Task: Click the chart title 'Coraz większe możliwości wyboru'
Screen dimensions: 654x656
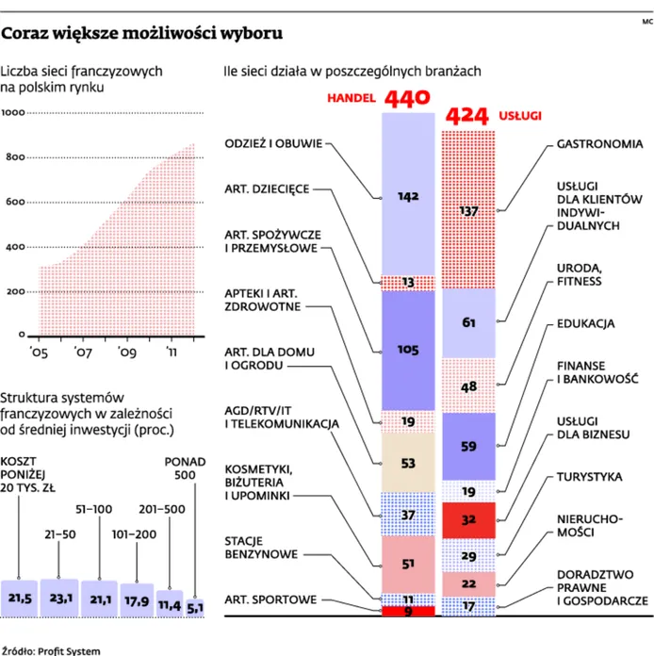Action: click(142, 33)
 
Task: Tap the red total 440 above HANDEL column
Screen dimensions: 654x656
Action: click(407, 98)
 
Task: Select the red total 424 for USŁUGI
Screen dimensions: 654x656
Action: click(467, 116)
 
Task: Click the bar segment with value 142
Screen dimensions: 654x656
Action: click(408, 194)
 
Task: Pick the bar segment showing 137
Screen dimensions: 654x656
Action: click(468, 210)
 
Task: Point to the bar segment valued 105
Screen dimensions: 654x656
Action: click(408, 351)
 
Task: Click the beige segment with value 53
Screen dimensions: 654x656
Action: click(408, 463)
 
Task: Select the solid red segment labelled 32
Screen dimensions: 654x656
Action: click(468, 520)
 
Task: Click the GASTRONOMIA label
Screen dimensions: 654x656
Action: click(599, 144)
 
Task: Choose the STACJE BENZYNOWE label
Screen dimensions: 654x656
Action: click(261, 548)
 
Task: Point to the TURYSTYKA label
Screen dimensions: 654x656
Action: click(589, 477)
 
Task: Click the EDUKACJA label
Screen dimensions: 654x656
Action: click(585, 324)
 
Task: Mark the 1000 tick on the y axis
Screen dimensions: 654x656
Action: click(13, 112)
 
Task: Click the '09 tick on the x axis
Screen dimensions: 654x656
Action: click(127, 353)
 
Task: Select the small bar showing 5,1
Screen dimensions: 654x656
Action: click(195, 608)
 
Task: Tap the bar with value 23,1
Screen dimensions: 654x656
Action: click(59, 598)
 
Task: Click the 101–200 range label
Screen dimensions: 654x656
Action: click(134, 534)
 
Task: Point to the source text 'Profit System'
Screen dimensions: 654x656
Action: click(69, 651)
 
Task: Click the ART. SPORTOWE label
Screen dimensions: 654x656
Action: click(270, 600)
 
